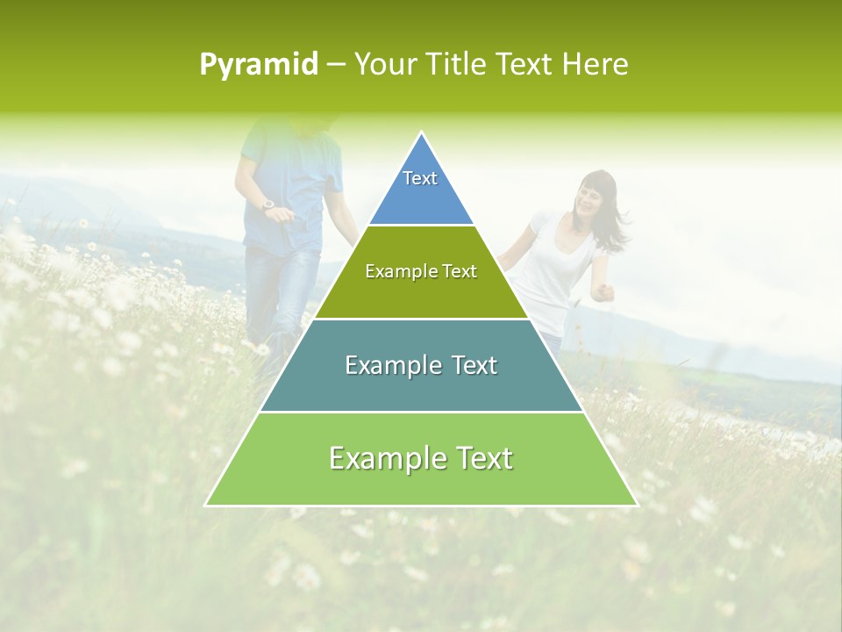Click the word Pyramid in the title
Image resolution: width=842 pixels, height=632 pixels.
[259, 65]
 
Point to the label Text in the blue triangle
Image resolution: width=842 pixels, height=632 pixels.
[420, 178]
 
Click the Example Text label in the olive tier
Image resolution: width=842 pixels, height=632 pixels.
[421, 271]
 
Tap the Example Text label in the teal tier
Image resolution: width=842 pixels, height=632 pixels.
[421, 365]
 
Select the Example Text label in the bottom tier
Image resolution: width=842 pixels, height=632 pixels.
[421, 458]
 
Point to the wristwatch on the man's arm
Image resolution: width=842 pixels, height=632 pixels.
[268, 205]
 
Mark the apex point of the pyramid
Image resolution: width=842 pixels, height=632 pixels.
[421, 133]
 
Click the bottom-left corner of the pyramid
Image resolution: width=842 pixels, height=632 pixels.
[206, 505]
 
